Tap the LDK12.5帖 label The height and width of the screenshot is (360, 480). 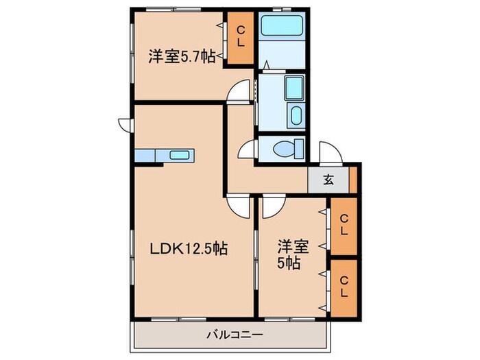click(189, 249)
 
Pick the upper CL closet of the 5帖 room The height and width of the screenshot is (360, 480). click(344, 224)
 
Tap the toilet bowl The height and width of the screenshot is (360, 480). click(287, 147)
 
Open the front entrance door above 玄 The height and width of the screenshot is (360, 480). click(328, 152)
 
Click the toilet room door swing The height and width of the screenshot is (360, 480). click(246, 149)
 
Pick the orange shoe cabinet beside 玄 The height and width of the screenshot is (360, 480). click(353, 180)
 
